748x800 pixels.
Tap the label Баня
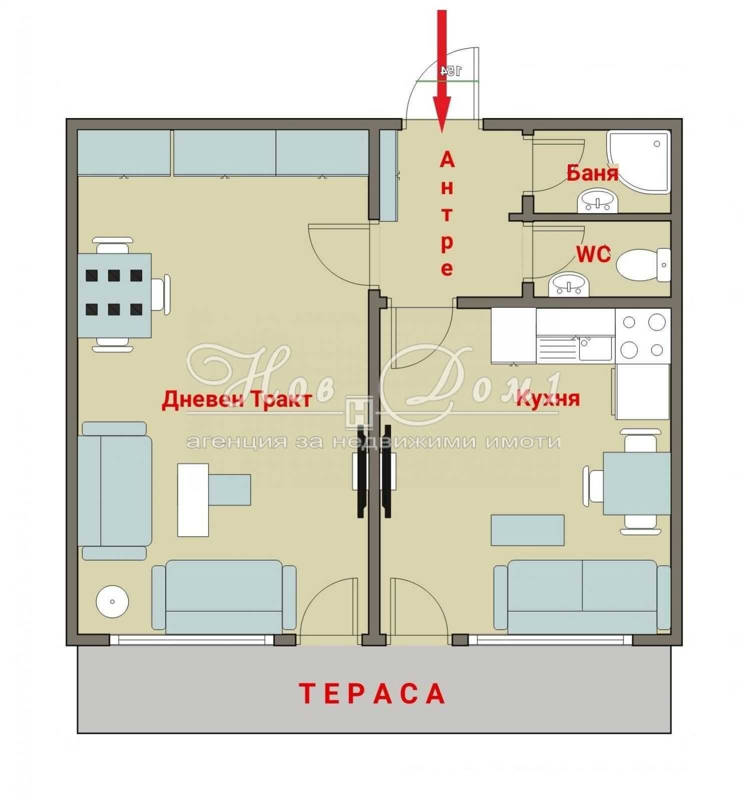(x=592, y=173)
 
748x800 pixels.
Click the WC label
(x=593, y=255)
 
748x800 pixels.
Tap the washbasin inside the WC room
(x=569, y=285)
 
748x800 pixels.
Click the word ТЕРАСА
(x=373, y=693)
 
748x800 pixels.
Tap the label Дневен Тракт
(x=237, y=400)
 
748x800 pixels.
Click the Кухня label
(x=548, y=399)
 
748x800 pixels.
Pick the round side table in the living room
(x=112, y=601)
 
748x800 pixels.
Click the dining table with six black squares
(x=115, y=295)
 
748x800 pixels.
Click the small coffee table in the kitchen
(x=527, y=530)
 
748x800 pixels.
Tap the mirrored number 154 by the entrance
(x=450, y=71)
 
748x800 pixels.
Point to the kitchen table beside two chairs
(x=636, y=482)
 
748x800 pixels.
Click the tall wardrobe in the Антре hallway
(x=389, y=175)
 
